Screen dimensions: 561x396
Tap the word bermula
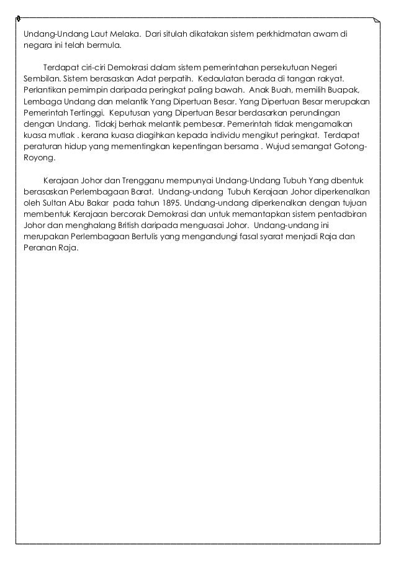105,45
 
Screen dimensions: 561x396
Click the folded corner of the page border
376,21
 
